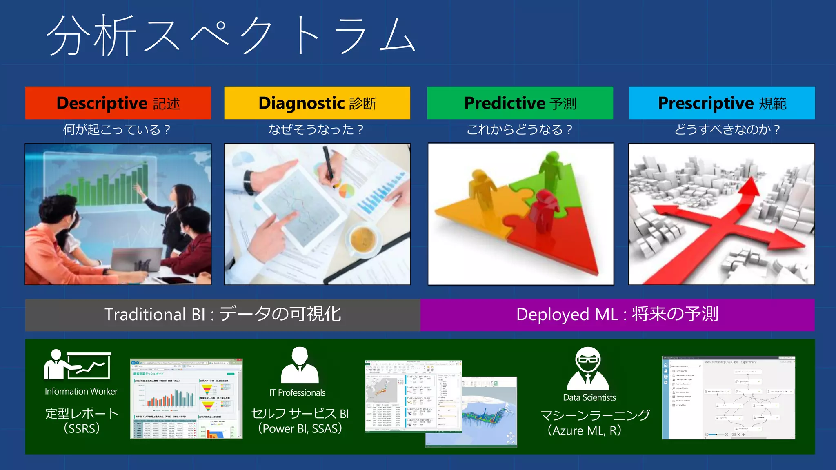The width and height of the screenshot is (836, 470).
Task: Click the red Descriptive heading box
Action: pyautogui.click(x=118, y=103)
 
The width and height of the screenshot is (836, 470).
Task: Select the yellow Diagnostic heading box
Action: pyautogui.click(x=317, y=103)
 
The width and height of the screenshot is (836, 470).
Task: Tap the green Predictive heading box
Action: pyautogui.click(x=520, y=103)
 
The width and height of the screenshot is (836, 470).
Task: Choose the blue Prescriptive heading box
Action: pyautogui.click(x=722, y=103)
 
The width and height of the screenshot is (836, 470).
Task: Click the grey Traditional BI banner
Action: pyautogui.click(x=222, y=315)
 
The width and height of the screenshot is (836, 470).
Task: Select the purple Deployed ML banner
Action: pyautogui.click(x=617, y=315)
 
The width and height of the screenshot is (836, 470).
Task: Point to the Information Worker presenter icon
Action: pyautogui.click(x=77, y=365)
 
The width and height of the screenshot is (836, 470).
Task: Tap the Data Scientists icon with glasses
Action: pyautogui.click(x=588, y=368)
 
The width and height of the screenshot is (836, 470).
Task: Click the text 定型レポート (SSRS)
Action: pyautogui.click(x=82, y=421)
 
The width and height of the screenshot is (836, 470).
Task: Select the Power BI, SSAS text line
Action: pyautogui.click(x=300, y=429)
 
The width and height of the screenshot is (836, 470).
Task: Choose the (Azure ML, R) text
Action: pyautogui.click(x=585, y=430)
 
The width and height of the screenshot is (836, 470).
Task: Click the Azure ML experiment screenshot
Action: pyautogui.click(x=728, y=397)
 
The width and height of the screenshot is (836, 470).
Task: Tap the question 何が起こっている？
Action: pyautogui.click(x=116, y=130)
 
